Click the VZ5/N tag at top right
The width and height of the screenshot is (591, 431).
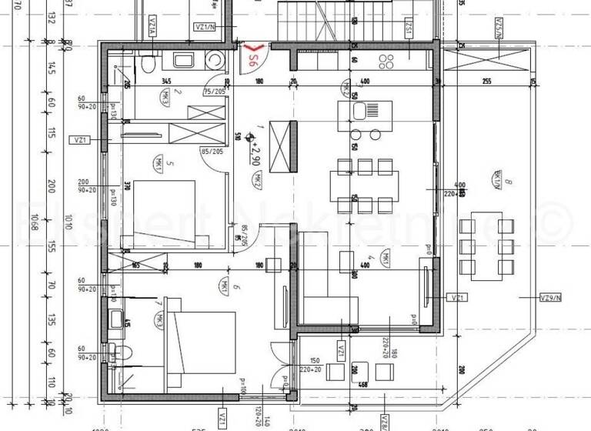[499, 31]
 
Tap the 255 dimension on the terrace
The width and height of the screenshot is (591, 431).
[486, 81]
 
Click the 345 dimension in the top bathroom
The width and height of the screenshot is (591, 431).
[165, 81]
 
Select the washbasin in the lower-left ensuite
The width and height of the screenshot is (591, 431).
[117, 318]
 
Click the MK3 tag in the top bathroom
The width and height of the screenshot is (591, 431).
[165, 98]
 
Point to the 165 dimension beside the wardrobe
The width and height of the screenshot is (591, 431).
[135, 266]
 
